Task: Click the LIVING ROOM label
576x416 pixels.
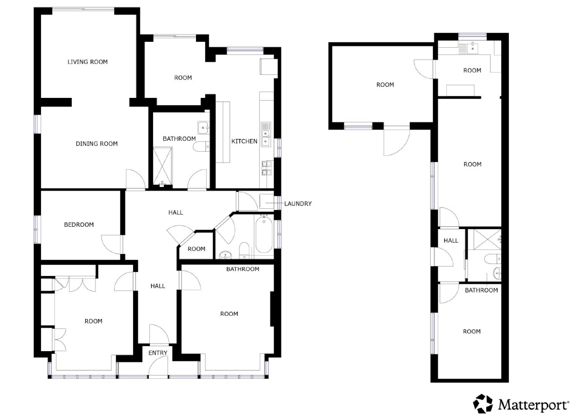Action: click(x=88, y=62)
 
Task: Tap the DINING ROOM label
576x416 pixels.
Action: click(x=97, y=144)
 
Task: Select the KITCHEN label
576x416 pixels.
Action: click(x=244, y=141)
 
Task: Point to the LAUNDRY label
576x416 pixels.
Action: click(x=298, y=203)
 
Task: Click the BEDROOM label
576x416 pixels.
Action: click(x=79, y=225)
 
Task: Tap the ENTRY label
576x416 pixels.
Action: click(x=158, y=353)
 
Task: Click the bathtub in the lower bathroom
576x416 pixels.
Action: click(x=264, y=234)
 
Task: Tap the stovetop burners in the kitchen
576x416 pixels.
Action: click(x=267, y=168)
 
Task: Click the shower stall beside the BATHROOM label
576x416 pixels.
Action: click(x=163, y=166)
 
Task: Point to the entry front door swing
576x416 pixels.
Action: click(x=158, y=367)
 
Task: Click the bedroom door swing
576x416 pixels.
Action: click(x=111, y=244)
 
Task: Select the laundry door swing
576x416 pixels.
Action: click(x=247, y=201)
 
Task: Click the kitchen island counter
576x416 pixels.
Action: click(x=223, y=132)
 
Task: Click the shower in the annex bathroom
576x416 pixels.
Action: click(x=485, y=239)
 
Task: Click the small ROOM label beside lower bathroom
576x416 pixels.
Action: click(x=197, y=249)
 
